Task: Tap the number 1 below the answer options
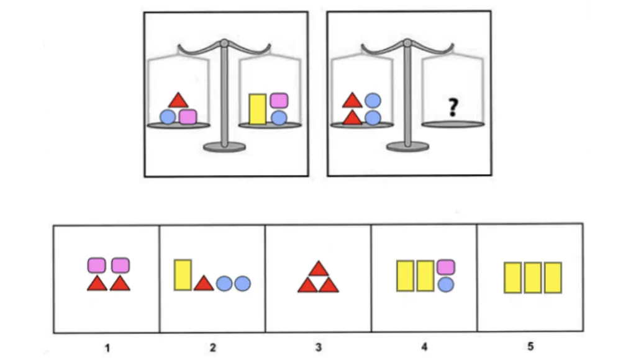107,348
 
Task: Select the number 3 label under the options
319,348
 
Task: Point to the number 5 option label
530,347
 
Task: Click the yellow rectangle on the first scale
257,109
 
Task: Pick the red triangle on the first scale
178,100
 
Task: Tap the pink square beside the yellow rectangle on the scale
279,100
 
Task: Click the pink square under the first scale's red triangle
188,116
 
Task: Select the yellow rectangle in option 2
182,276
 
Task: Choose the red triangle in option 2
203,284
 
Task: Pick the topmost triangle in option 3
319,269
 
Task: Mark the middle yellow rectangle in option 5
533,277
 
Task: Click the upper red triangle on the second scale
352,100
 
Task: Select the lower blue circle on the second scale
372,117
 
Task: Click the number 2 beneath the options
212,348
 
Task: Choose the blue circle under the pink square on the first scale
279,117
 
